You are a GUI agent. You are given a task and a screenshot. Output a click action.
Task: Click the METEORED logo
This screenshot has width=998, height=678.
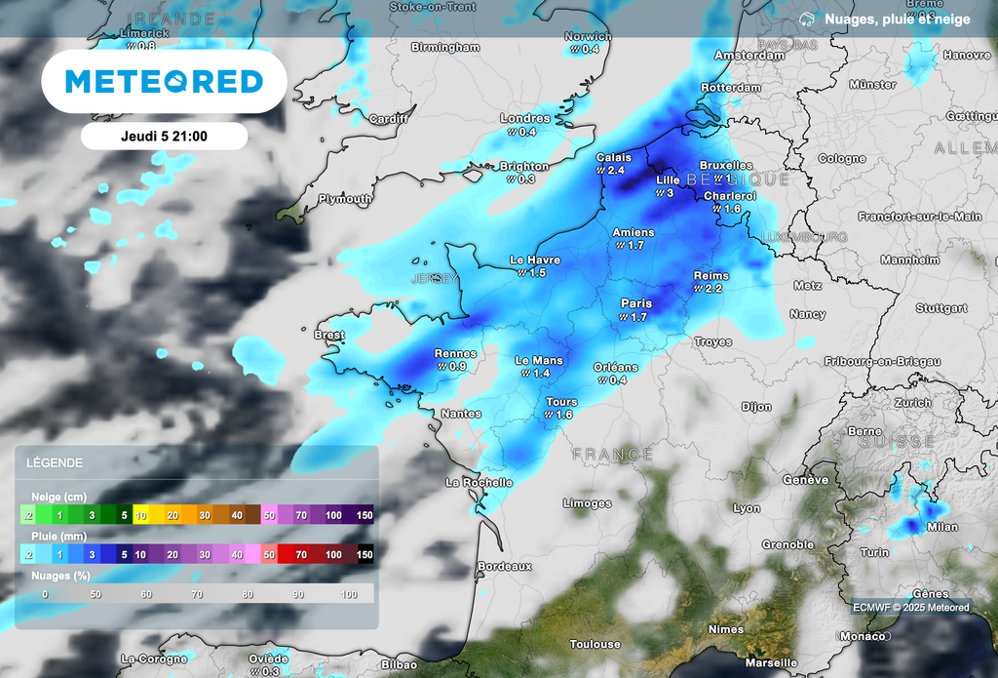click(x=164, y=81)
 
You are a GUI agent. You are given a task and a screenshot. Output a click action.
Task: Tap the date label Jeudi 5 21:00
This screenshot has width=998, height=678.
click(x=164, y=136)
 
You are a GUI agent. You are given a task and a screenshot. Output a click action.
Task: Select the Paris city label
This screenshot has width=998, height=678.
click(x=636, y=303)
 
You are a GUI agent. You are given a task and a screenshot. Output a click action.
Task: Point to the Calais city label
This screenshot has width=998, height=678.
click(x=614, y=157)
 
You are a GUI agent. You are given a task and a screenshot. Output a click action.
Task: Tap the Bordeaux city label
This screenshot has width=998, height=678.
click(x=505, y=566)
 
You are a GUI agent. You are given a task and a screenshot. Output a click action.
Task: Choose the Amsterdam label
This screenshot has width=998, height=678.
click(x=749, y=56)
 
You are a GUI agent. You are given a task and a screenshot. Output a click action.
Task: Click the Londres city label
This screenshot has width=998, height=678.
click(x=525, y=119)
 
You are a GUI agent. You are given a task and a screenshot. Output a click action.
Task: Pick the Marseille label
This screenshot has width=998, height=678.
click(x=770, y=662)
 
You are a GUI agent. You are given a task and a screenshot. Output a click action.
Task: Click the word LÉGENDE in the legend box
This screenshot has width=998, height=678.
click(x=55, y=462)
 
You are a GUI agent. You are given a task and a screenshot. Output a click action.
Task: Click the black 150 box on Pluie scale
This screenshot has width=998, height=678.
click(x=364, y=554)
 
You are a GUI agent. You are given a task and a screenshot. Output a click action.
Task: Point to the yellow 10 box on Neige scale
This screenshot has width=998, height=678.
click(x=140, y=514)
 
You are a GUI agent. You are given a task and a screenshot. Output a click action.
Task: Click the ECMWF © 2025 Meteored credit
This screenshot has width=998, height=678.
click(x=910, y=607)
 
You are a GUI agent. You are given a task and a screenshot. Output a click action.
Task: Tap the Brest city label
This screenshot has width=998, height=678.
click(x=329, y=335)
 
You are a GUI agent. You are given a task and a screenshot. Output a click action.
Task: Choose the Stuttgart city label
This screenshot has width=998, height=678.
click(x=941, y=308)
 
